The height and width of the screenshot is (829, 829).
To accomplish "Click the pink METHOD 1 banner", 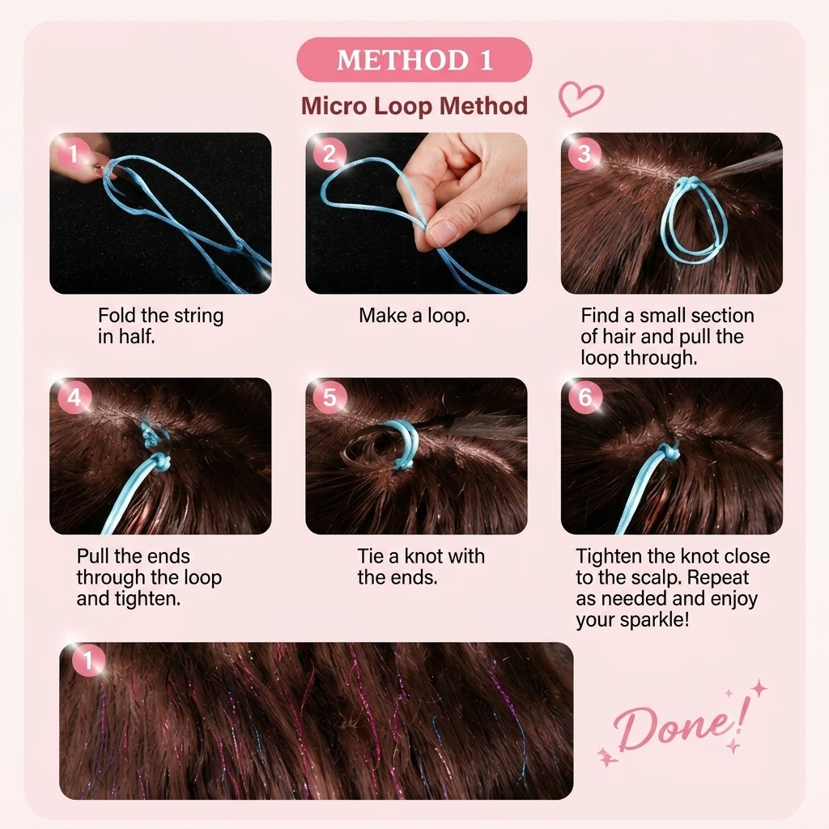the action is point(414,59).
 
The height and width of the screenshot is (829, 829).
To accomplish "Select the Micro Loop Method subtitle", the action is point(414,106).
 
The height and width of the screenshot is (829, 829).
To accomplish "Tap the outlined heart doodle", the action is point(580,99).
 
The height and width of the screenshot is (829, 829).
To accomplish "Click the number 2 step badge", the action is point(329,154).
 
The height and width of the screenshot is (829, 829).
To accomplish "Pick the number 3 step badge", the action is point(585,154).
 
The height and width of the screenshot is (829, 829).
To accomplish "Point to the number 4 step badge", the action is point(74,397).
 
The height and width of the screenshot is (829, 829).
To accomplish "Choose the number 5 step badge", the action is point(329,397).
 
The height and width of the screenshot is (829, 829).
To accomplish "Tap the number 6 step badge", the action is point(585,397).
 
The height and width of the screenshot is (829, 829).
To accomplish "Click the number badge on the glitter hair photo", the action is point(87,661).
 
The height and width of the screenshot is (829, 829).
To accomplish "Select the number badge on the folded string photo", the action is point(74,154).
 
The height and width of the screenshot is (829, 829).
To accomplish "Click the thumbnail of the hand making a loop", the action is point(416,213).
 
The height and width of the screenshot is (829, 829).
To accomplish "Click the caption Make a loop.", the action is point(414,316).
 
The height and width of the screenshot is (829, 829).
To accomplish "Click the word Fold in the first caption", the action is point(117,316).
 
